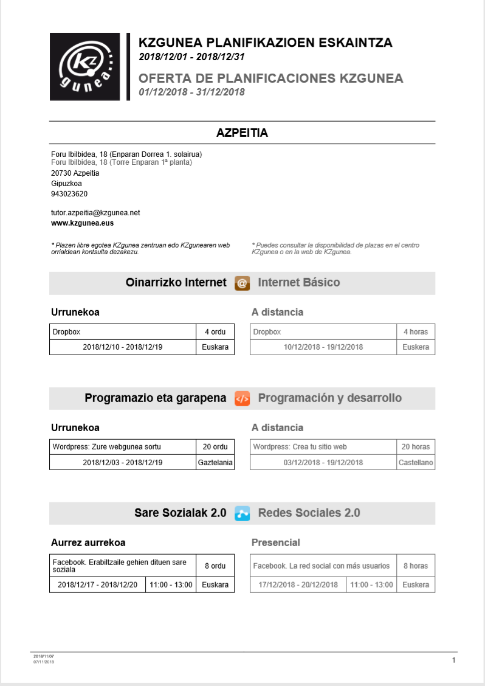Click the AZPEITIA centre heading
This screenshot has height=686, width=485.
(242, 133)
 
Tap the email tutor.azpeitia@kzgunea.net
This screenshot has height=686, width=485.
(95, 213)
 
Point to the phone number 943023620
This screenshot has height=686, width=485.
(69, 194)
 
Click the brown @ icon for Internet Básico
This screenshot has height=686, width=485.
(242, 283)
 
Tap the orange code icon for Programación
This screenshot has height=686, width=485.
(242, 398)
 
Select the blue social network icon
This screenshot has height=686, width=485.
(242, 513)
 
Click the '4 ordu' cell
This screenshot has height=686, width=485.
(215, 332)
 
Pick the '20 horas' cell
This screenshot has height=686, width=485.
(416, 447)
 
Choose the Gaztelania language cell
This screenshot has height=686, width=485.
(215, 463)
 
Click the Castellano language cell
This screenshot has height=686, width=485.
(416, 463)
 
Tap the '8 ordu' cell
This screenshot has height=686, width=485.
(215, 566)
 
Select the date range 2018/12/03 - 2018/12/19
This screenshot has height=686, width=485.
(123, 463)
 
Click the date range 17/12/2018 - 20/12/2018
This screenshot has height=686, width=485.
(298, 585)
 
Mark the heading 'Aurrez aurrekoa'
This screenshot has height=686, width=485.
(88, 542)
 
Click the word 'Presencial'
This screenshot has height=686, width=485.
(276, 542)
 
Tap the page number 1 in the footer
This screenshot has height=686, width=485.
(453, 660)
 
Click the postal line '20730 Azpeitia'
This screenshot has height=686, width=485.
(75, 173)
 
